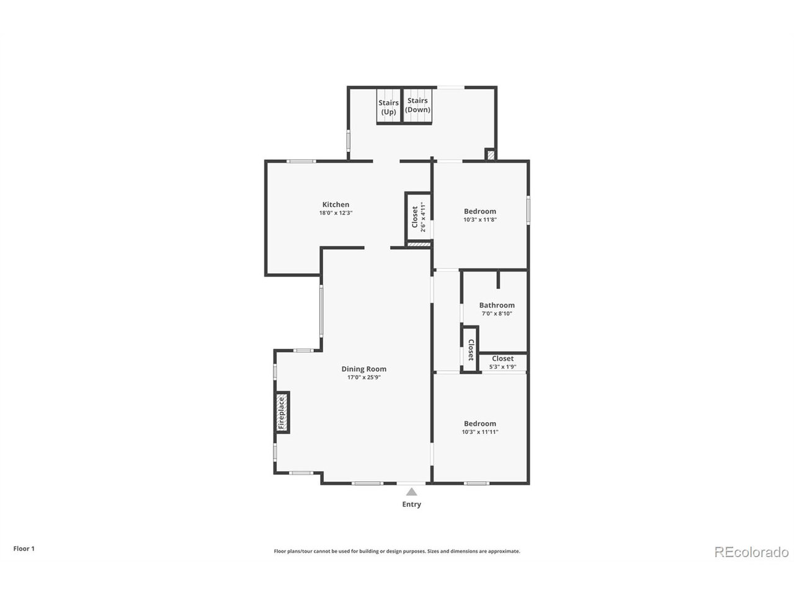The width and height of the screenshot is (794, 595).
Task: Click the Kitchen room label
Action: (336, 205)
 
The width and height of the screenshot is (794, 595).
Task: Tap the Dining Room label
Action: (364, 369)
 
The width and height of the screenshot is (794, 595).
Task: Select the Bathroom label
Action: (496, 306)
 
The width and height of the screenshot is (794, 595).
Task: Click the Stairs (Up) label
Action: (388, 107)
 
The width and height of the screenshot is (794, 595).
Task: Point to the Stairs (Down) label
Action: (417, 105)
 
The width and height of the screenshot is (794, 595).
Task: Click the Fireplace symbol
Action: (282, 413)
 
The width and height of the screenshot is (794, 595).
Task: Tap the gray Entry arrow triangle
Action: (411, 491)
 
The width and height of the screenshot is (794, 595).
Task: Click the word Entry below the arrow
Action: (411, 505)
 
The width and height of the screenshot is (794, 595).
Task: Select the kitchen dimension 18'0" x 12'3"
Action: (336, 213)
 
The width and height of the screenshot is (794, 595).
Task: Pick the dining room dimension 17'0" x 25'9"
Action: (364, 377)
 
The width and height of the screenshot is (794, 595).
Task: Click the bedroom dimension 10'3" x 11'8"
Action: (480, 219)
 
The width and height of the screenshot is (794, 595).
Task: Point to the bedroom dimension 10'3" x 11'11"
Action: (480, 432)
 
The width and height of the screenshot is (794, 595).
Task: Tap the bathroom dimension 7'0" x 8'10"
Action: (496, 314)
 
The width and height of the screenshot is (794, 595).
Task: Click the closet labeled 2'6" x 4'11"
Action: (418, 217)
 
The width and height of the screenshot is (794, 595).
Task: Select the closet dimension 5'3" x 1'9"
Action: (502, 367)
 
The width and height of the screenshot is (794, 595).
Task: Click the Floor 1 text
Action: (24, 549)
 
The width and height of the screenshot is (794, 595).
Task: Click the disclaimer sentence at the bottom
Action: (397, 551)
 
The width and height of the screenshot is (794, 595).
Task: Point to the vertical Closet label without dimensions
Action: (471, 350)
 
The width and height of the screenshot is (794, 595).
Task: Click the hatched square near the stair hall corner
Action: (491, 155)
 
